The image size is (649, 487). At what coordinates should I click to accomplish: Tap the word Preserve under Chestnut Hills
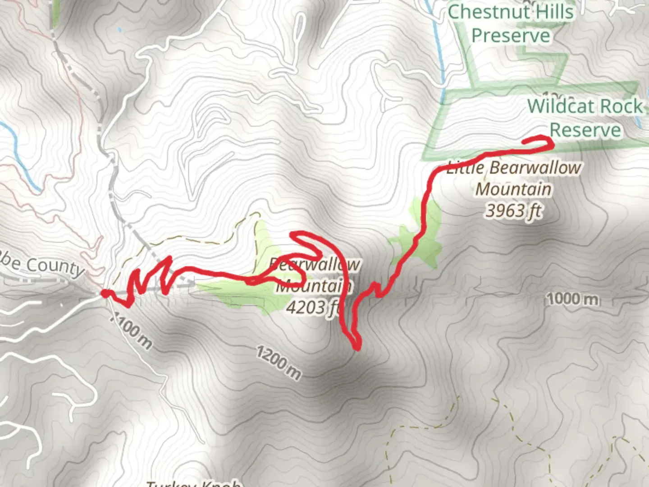511,36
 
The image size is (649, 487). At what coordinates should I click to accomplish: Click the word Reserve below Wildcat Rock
585,130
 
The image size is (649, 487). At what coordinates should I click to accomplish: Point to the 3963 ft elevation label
513,211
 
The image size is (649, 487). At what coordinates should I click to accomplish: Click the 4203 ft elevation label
312,308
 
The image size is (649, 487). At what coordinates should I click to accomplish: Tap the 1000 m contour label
572,299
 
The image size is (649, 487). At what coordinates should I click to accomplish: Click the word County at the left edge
55,266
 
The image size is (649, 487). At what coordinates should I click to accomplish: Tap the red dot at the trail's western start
105,294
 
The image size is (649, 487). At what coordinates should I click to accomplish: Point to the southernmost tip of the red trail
357,347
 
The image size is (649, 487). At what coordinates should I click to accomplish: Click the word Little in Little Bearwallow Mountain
465,169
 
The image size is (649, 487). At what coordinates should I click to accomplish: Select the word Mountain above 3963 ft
513,189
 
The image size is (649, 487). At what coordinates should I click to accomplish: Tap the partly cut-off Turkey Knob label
194,483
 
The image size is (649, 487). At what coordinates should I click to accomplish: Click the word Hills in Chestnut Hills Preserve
553,12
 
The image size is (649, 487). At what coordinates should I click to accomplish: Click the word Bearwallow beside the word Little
535,168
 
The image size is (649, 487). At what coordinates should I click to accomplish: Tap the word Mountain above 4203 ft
314,286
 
